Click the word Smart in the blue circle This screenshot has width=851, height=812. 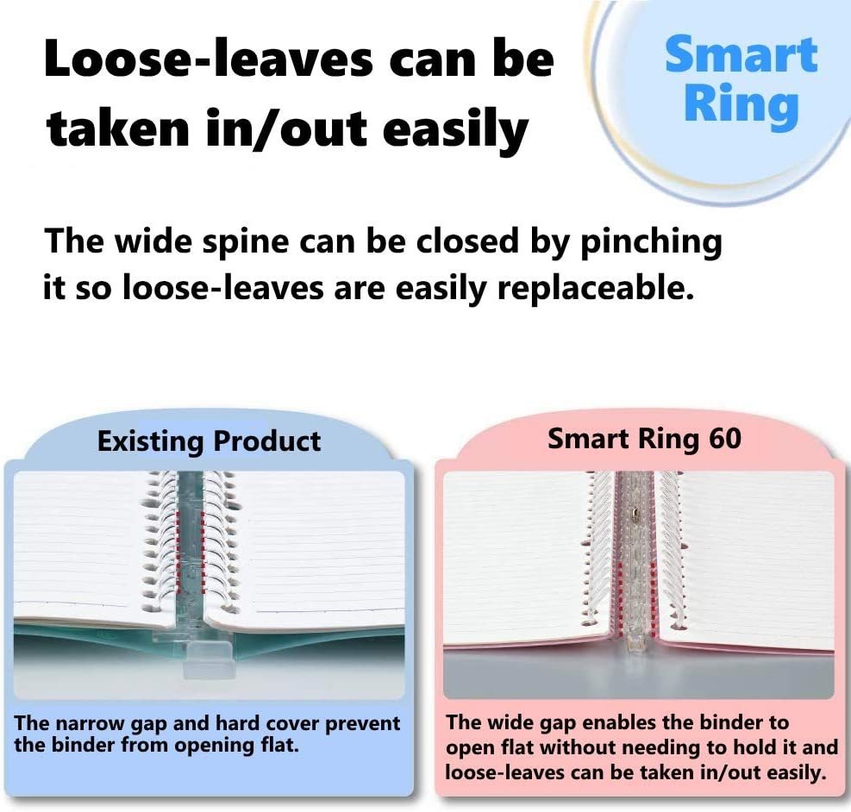[741, 55]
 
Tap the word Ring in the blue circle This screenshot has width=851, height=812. [741, 104]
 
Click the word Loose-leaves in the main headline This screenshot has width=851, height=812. [209, 59]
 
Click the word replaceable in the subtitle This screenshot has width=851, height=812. [596, 289]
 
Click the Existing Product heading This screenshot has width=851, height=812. [209, 441]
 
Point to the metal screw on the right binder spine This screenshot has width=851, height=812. [634, 511]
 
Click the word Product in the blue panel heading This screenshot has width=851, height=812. [266, 441]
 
